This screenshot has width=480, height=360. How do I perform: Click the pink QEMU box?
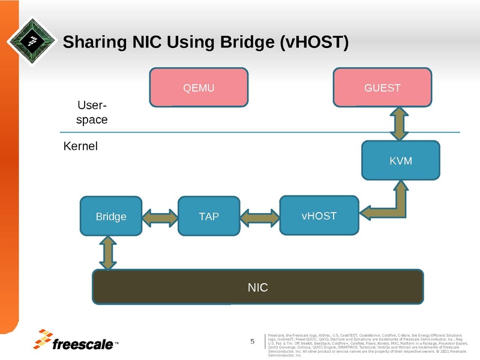[x=199, y=88]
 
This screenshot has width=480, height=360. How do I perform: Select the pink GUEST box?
[x=382, y=88]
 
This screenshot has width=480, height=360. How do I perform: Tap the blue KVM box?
[x=400, y=161]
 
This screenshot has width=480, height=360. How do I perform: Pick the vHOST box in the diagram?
[x=319, y=215]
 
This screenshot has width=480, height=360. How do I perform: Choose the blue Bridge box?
[x=111, y=216]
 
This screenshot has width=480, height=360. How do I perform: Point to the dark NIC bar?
[x=257, y=287]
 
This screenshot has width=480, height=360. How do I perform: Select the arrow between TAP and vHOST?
[x=259, y=215]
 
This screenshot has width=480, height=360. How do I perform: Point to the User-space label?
[x=92, y=112]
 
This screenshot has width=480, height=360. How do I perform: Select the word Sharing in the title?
[x=92, y=42]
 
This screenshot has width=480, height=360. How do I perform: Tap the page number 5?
[x=253, y=342]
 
